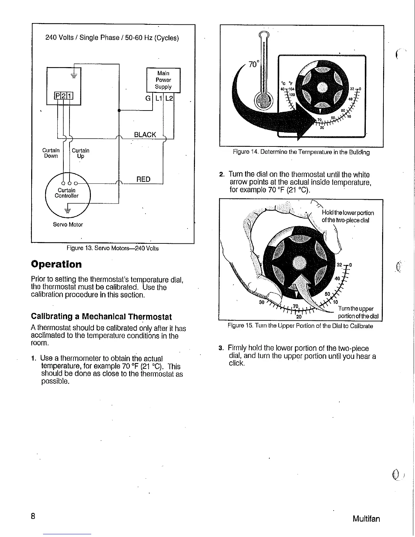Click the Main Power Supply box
pos(163,80)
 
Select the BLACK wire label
pos(145,135)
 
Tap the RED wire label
pos(143,179)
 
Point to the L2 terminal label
pos(169,99)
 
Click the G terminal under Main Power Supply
pos(147,99)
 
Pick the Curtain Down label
pos(51,153)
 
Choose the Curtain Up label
pos(81,153)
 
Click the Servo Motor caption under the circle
pos(68,224)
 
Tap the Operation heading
pos(56,264)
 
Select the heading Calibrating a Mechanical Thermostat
pos(101,317)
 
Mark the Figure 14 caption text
pos(301,152)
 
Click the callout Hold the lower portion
pos(348,216)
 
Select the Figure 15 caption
pos(300,326)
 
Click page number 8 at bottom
pos(33,516)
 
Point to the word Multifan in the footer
pos(366,519)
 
